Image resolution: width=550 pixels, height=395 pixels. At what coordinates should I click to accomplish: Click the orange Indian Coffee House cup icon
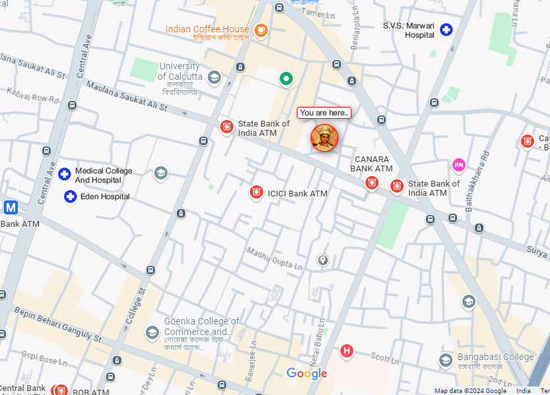261,30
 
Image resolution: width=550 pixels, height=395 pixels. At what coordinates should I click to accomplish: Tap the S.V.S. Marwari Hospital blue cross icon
446,29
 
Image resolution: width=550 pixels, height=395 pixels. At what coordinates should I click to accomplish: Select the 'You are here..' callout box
324,113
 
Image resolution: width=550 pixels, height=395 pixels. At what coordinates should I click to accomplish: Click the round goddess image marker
324,137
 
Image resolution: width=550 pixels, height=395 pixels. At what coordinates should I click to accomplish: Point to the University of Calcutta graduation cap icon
214,78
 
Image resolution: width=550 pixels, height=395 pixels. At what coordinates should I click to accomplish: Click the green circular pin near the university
286,79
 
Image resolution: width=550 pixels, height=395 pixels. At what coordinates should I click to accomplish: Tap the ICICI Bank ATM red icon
256,193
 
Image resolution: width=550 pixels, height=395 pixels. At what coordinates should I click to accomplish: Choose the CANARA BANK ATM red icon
372,182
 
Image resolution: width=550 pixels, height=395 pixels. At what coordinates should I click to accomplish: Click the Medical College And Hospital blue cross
64,174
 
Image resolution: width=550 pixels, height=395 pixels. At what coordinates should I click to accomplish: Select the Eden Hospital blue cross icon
71,197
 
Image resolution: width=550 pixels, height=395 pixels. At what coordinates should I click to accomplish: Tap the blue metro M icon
11,208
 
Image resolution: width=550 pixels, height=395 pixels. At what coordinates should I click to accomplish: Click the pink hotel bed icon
458,164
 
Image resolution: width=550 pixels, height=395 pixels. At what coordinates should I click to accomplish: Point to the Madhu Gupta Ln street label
274,259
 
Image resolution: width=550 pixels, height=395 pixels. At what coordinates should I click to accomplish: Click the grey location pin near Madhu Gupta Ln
322,260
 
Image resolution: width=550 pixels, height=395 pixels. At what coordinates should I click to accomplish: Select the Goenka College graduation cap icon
152,331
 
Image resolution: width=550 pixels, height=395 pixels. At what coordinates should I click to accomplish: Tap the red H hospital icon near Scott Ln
346,350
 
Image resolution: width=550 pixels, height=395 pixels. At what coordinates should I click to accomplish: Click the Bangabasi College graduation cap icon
446,360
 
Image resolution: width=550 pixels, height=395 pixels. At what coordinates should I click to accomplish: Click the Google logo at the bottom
307,374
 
